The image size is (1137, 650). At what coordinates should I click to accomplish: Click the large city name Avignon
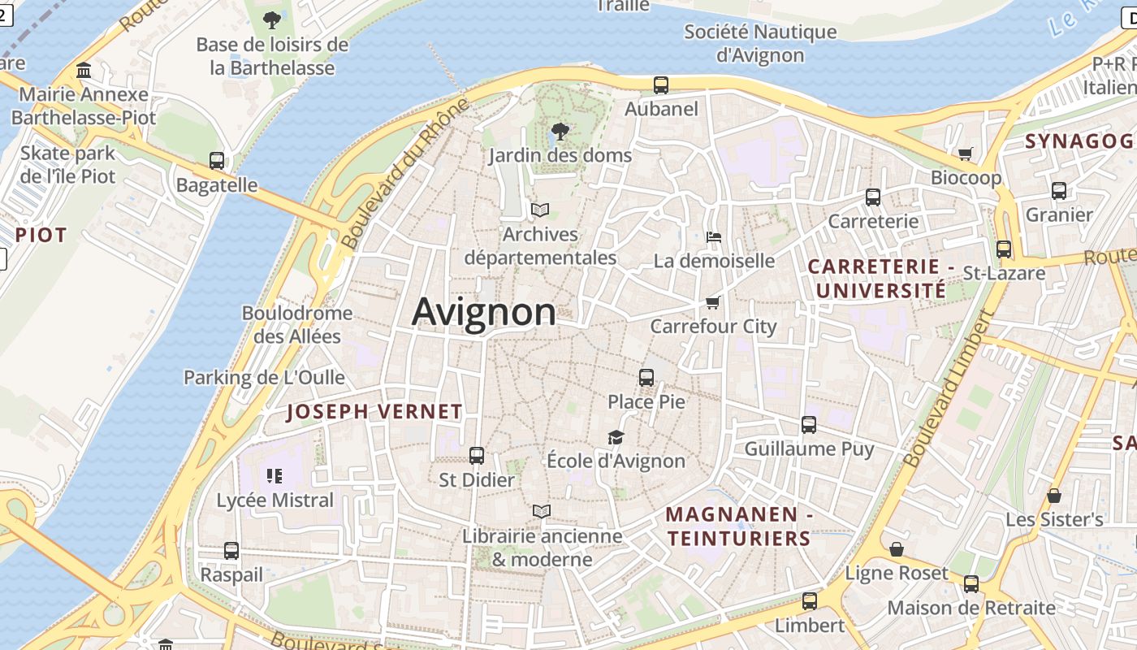tap(484, 312)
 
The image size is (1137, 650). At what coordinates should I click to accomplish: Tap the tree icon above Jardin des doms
tap(560, 131)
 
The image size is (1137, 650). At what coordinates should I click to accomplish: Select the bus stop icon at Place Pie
tap(646, 378)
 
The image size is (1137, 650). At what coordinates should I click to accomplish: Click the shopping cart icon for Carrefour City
tap(712, 303)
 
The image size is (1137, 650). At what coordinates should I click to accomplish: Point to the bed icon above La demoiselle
tap(714, 237)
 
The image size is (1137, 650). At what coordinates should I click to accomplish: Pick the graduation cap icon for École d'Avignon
tap(616, 438)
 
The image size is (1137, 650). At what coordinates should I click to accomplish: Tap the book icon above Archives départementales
tap(540, 210)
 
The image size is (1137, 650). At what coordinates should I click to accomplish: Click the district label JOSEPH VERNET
tap(374, 412)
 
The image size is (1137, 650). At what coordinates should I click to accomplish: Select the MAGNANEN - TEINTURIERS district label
tap(738, 526)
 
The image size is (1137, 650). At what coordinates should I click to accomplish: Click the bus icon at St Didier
tap(477, 456)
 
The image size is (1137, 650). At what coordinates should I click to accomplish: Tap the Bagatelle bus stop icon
tap(217, 161)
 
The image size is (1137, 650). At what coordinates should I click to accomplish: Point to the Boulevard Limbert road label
tap(949, 390)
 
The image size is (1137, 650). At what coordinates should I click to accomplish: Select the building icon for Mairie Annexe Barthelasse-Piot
tap(84, 71)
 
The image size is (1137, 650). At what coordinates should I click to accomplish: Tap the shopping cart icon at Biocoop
tap(966, 154)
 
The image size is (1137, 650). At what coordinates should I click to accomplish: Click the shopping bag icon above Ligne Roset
tap(897, 550)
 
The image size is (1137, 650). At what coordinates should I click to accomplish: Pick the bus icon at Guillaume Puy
tap(809, 425)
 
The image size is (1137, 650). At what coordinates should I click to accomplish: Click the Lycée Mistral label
tap(275, 500)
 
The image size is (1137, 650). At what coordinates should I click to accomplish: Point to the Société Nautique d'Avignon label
tap(760, 44)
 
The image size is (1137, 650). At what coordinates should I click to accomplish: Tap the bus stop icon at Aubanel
tap(661, 84)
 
